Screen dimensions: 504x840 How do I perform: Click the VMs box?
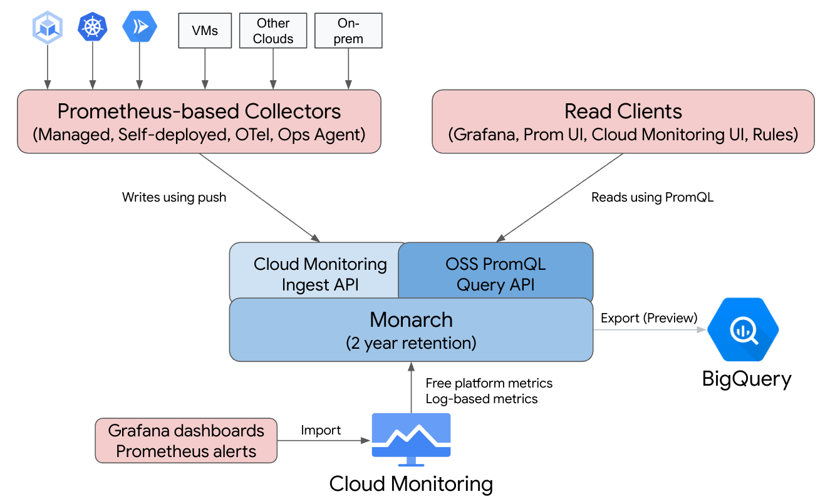[x=205, y=31]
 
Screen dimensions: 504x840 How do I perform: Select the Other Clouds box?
[x=273, y=31]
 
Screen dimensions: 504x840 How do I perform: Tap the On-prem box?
[x=348, y=31]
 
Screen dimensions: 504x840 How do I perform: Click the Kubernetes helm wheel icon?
[x=93, y=27]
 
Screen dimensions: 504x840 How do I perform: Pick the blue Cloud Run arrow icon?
[x=139, y=27]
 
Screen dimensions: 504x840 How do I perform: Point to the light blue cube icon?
[x=47, y=27]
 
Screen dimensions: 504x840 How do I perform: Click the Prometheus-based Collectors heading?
[x=199, y=111]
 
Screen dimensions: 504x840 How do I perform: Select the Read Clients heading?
[x=623, y=111]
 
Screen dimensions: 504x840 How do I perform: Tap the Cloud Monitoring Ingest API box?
[x=319, y=274]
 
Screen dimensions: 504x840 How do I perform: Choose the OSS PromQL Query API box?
[x=495, y=274]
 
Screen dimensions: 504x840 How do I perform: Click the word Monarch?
[x=411, y=319]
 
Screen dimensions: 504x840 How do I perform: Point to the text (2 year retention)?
[x=411, y=343]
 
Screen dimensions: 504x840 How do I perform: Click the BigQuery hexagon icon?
[x=743, y=330]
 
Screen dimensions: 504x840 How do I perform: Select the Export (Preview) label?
[x=648, y=318]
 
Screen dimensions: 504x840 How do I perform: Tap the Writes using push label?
[x=174, y=197]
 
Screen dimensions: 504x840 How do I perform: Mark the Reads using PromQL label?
[x=652, y=197]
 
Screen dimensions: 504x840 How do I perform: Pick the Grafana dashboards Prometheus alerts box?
[x=186, y=441]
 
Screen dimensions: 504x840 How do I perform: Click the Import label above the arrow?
[x=321, y=430]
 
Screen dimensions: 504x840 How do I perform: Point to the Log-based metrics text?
[x=481, y=399]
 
